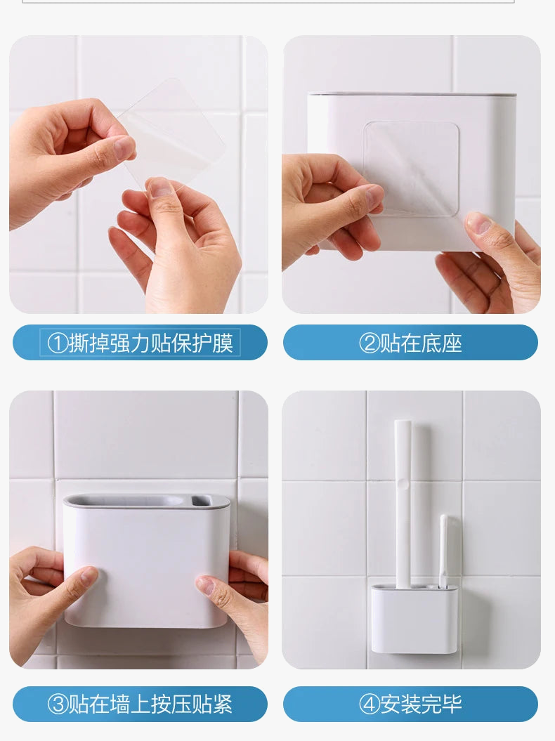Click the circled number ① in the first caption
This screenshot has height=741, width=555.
58,343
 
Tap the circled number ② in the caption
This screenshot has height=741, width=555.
370,343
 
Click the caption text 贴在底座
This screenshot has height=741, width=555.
421,343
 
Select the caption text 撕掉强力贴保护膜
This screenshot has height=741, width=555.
150,343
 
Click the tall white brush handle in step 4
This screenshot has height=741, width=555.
403,492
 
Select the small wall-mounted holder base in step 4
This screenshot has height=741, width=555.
414,618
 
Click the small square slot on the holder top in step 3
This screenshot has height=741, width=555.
201,501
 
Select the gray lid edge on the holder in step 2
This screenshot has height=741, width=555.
412,93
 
